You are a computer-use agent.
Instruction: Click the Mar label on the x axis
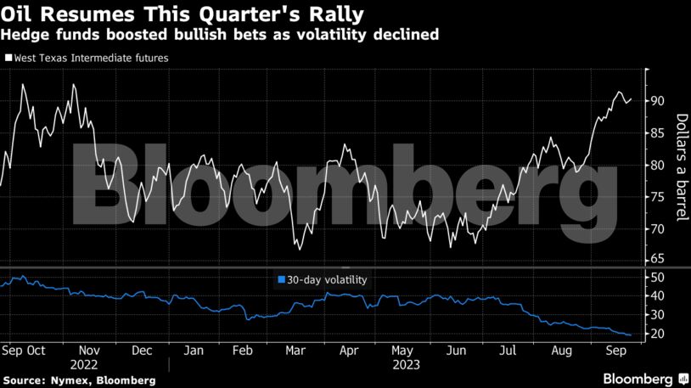295,350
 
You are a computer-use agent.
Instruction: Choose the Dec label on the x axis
142,350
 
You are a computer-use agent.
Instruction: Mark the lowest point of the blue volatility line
628,335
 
